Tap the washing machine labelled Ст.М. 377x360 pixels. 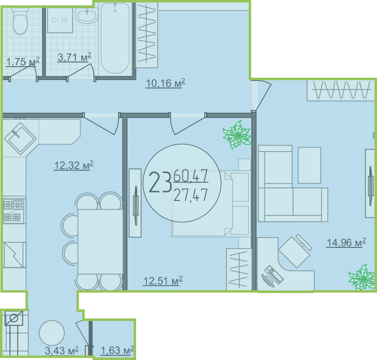point(60,20)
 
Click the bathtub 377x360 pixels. point(115,39)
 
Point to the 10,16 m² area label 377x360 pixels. point(165,83)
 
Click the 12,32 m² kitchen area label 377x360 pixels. point(74,165)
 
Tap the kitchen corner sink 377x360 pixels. point(21,138)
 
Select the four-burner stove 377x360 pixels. point(14,211)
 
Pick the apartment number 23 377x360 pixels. point(160,182)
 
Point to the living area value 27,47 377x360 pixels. point(190,195)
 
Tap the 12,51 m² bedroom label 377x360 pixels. point(163,281)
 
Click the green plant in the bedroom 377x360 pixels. point(237,135)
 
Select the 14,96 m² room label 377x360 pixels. point(346,242)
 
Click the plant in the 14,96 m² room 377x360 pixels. point(362,277)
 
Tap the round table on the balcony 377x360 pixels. point(52,333)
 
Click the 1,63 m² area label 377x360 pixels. point(117,351)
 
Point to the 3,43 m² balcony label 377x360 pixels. point(62,351)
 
